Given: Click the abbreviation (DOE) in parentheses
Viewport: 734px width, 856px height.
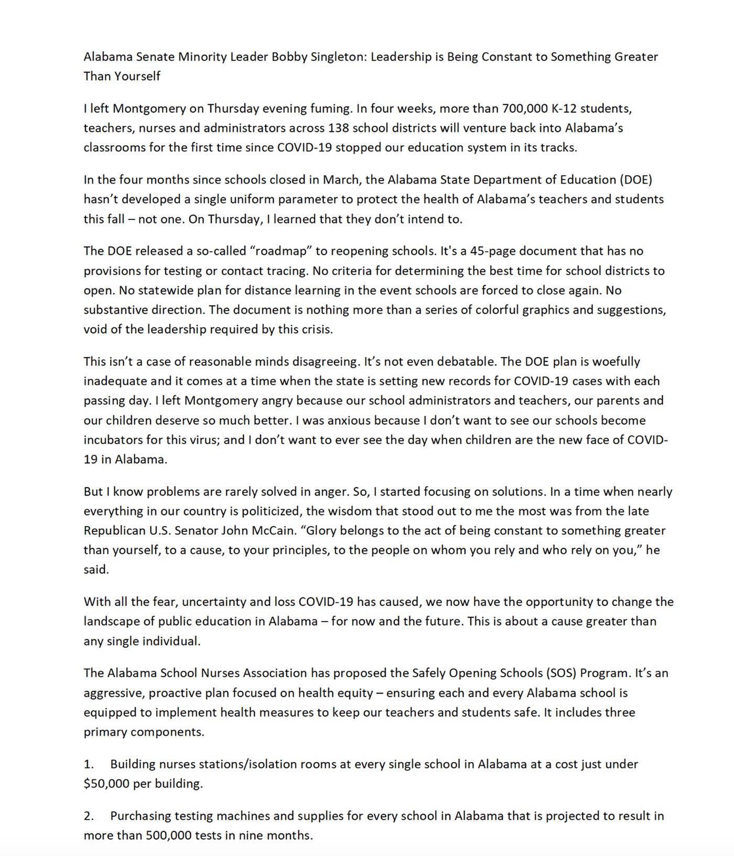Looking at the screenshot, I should [x=636, y=180].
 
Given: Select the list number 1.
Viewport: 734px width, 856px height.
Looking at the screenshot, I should [x=88, y=764].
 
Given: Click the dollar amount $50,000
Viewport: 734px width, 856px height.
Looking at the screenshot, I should [x=107, y=784].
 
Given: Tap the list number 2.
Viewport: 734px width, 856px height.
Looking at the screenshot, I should [x=88, y=816].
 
